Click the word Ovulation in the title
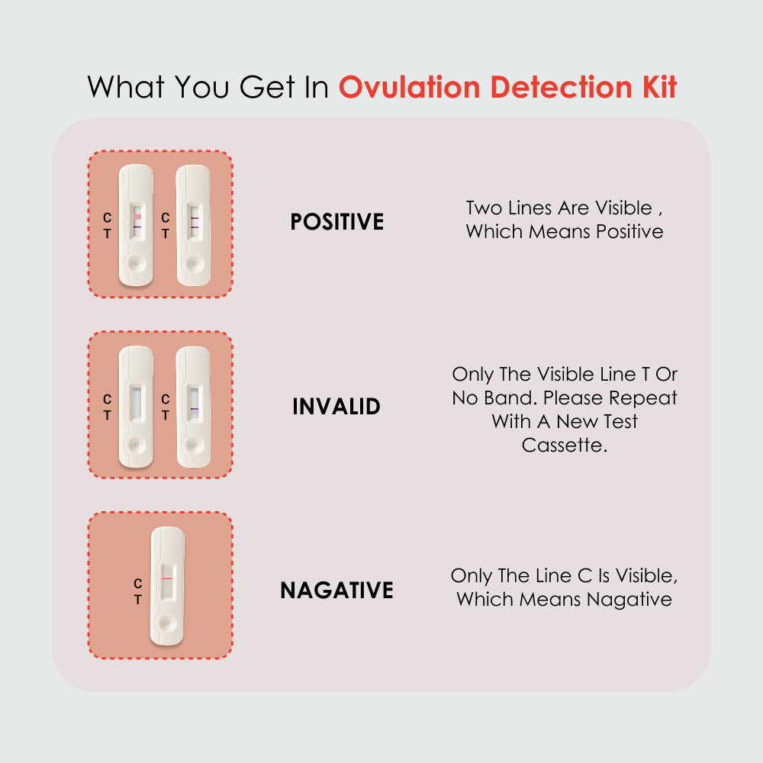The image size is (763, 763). pos(410,87)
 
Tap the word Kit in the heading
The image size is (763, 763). pos(655,87)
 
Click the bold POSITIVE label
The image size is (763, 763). pos(336,222)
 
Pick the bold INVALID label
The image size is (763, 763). pos(336,406)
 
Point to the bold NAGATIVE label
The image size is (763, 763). pos(336,590)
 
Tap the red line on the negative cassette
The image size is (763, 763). pos(167,579)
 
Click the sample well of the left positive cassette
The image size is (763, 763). pos(136,262)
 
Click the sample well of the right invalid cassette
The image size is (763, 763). pos(194,443)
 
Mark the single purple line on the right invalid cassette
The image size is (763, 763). pos(195,409)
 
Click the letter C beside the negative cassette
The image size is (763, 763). pos(137,584)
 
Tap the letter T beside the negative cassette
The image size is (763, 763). pos(137,600)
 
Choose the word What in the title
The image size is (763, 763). pos(126,87)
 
